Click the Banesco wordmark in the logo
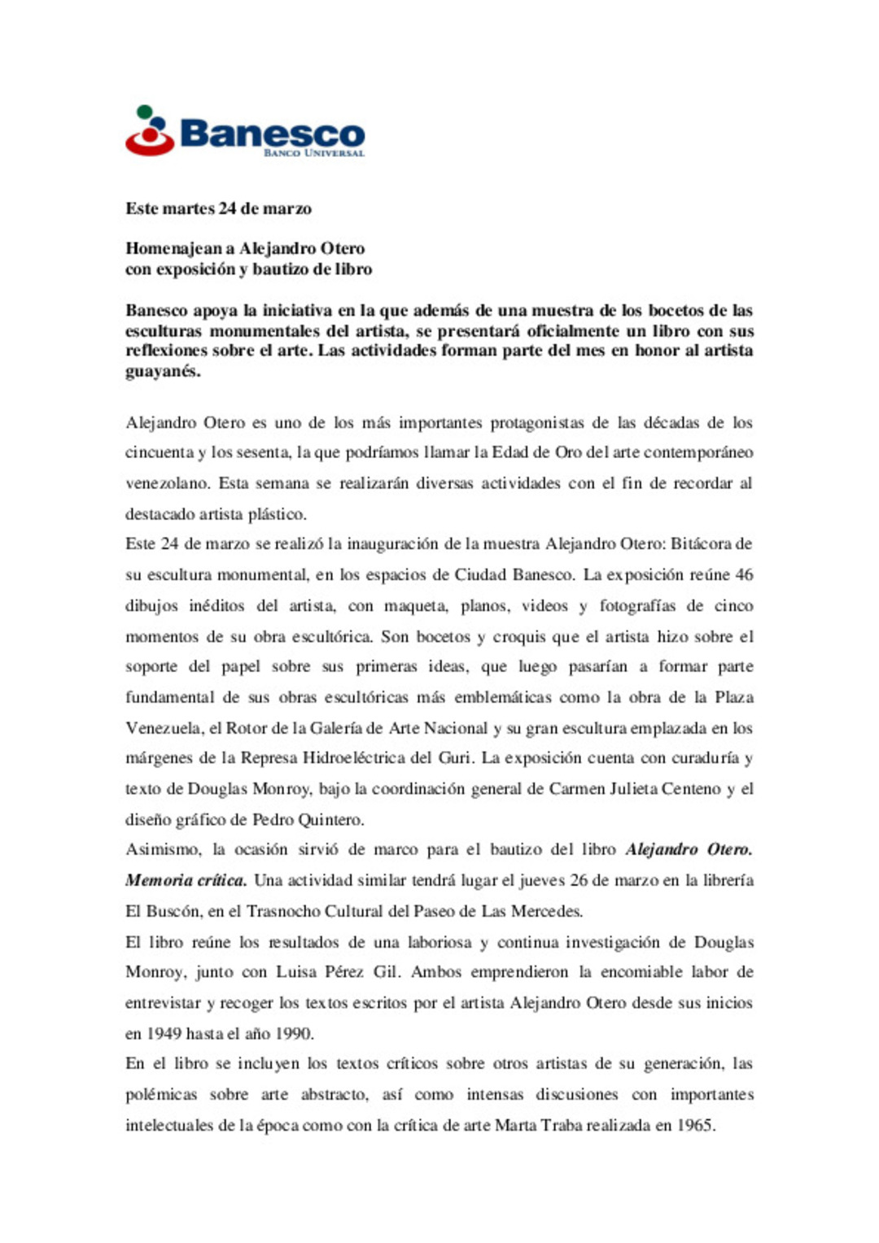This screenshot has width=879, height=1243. (x=272, y=133)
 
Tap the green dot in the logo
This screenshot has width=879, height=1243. (x=145, y=111)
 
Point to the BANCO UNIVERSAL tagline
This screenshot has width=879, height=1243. (x=313, y=153)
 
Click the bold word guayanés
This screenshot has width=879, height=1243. (x=162, y=371)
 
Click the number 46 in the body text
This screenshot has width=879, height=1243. (x=743, y=574)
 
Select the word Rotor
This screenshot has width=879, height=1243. (x=245, y=728)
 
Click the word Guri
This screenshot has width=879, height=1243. (x=455, y=758)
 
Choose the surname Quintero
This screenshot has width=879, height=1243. (x=329, y=819)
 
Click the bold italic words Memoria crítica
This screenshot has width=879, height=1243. (x=186, y=880)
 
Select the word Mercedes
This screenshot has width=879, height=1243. (x=545, y=911)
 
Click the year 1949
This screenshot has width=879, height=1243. (x=164, y=1034)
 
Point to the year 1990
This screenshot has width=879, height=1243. (x=293, y=1034)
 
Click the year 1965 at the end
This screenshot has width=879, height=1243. (x=695, y=1126)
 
